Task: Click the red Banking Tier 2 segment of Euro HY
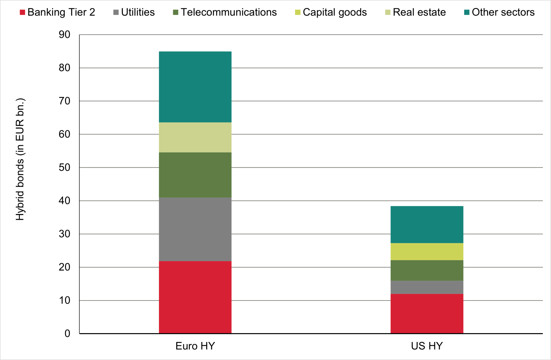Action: pos(195,297)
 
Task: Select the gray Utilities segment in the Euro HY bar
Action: pos(195,229)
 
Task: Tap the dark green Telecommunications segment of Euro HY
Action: pos(195,175)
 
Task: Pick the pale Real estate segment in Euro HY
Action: pos(195,137)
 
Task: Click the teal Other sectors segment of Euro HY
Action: pos(195,87)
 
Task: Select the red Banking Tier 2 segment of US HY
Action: pos(427,313)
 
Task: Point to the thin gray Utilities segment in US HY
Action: pos(427,287)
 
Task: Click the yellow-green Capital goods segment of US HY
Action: pos(427,252)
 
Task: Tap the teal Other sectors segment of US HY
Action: pos(427,225)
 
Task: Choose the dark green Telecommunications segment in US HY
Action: pos(427,270)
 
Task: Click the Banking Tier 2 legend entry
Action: pos(58,12)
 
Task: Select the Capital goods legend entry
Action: pos(331,12)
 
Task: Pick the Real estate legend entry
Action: pos(415,12)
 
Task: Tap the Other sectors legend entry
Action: pos(499,12)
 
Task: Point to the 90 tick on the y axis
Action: pos(64,34)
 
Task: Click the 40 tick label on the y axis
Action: pos(64,201)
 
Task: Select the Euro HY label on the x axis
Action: pos(195,346)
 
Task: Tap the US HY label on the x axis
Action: pos(427,346)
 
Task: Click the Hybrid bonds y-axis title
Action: pos(20,159)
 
